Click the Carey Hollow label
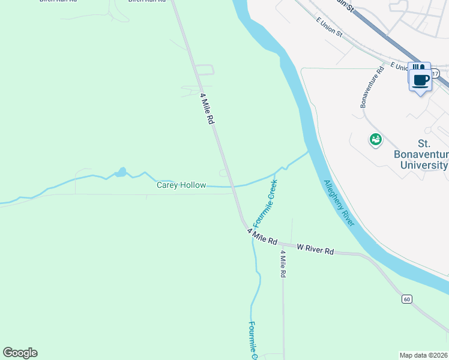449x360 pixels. click(x=181, y=185)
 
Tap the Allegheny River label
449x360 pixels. click(x=340, y=203)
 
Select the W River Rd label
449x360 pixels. click(x=315, y=248)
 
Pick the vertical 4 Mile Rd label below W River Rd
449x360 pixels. click(x=283, y=263)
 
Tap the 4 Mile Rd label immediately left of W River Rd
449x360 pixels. click(x=262, y=236)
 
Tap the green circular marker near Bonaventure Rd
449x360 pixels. click(x=376, y=140)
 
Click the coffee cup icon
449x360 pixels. click(x=421, y=80)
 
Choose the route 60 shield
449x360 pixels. click(x=406, y=299)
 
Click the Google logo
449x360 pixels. click(x=20, y=353)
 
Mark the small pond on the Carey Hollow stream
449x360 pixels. click(x=121, y=173)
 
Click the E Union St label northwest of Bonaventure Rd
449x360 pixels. click(x=329, y=28)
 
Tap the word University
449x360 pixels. click(x=421, y=165)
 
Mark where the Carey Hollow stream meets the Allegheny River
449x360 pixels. click(x=309, y=152)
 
